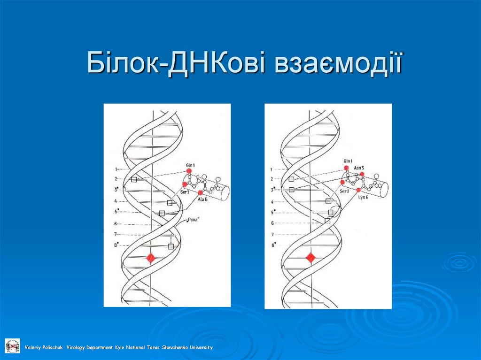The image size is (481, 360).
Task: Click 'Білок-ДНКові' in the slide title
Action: point(177,64)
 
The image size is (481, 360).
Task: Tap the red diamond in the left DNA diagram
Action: point(150,258)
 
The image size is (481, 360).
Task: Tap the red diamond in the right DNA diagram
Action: point(310,257)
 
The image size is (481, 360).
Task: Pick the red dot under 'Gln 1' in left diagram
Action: point(189,171)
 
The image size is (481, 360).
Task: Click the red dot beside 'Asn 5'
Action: point(362,174)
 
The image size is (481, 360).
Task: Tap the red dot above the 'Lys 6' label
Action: point(358,190)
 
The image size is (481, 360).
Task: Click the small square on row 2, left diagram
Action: point(134,179)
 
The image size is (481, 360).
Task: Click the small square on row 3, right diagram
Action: point(291,190)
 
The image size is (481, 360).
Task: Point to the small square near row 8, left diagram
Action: point(171,246)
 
